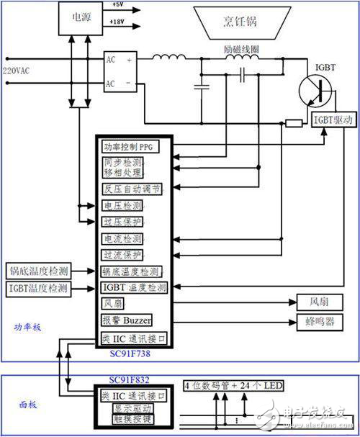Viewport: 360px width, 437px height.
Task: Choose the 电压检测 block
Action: pos(123,205)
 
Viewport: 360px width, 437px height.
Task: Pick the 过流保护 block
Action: pos(123,255)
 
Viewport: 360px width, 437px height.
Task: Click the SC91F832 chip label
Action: pos(134,379)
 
